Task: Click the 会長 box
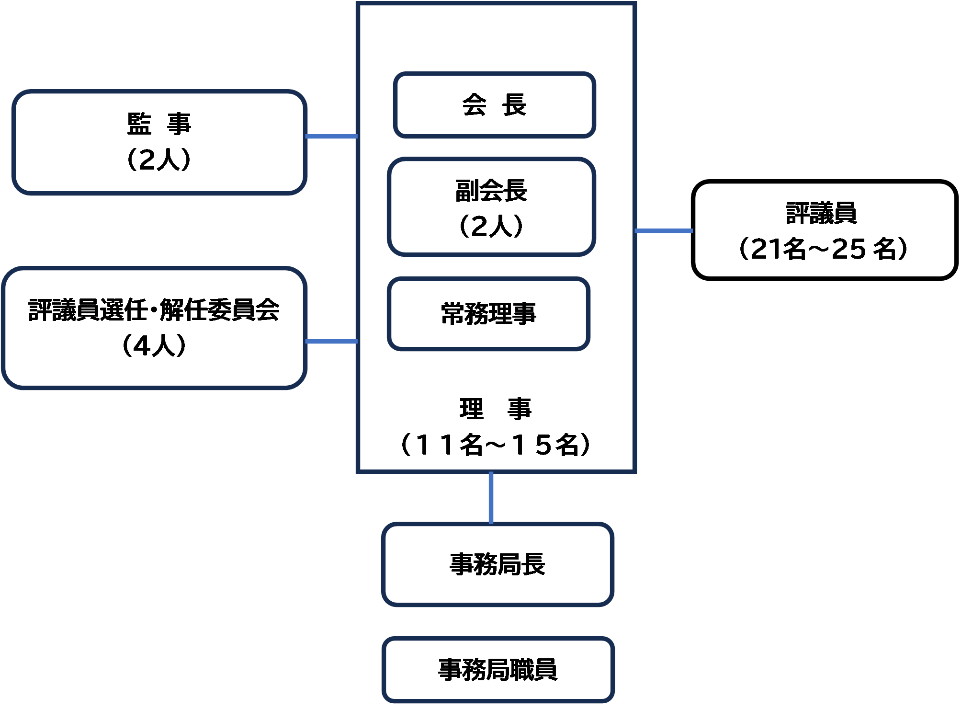point(494,105)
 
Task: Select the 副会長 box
point(491,207)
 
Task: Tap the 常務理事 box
point(488,314)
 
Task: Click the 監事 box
point(159,142)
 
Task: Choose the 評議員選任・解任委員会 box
point(154,328)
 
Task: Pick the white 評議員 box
point(824,230)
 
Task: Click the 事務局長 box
point(498,564)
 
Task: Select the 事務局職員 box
point(498,670)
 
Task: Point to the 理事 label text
point(495,409)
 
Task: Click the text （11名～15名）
point(495,446)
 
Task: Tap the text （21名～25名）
point(822,249)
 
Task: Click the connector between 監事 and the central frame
point(331,137)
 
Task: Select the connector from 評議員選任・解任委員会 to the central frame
point(331,342)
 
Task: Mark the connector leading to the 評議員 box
point(664,231)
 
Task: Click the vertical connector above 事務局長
point(491,498)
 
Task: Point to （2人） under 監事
point(159,160)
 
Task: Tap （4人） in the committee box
point(154,346)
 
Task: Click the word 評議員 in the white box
point(822,214)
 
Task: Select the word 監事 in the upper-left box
point(159,124)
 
